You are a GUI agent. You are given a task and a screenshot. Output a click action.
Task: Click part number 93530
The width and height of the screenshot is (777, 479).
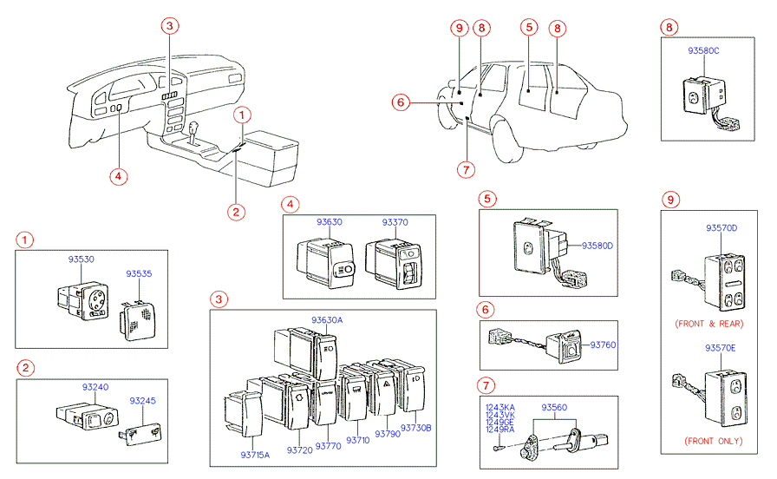pyautogui.click(x=82, y=259)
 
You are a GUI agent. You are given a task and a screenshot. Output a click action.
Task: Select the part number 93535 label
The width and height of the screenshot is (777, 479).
pyautogui.click(x=139, y=273)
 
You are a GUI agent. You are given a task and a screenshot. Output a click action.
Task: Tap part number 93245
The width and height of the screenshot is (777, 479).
pyautogui.click(x=143, y=401)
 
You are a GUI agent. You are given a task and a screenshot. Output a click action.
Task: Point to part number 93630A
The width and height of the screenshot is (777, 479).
pyautogui.click(x=327, y=320)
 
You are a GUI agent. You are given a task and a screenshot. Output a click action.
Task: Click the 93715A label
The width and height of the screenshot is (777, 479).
pyautogui.click(x=255, y=456)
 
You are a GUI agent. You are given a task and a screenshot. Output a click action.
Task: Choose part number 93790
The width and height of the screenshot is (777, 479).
pyautogui.click(x=388, y=434)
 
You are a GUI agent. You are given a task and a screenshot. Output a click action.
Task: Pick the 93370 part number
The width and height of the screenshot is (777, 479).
pyautogui.click(x=395, y=223)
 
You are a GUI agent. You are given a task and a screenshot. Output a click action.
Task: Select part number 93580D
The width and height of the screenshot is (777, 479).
pyautogui.click(x=597, y=246)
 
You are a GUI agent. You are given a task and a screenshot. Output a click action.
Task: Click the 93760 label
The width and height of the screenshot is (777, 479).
pyautogui.click(x=603, y=345)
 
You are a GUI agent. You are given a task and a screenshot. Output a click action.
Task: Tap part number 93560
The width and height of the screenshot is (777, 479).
pyautogui.click(x=554, y=408)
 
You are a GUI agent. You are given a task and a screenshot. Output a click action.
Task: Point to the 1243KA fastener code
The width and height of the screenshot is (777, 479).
pyautogui.click(x=500, y=408)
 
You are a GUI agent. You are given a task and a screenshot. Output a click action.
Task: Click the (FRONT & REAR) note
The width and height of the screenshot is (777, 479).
pyautogui.click(x=709, y=324)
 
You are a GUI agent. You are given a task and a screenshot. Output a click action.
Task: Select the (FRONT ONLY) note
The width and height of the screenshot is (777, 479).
pyautogui.click(x=714, y=441)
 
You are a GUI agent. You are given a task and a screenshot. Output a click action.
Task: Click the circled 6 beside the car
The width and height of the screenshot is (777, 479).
pyautogui.click(x=401, y=102)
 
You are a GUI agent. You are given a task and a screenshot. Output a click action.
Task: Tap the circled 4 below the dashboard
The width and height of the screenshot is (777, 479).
pyautogui.click(x=119, y=176)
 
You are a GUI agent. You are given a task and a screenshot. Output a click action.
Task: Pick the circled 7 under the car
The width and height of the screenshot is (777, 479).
pyautogui.click(x=466, y=169)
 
